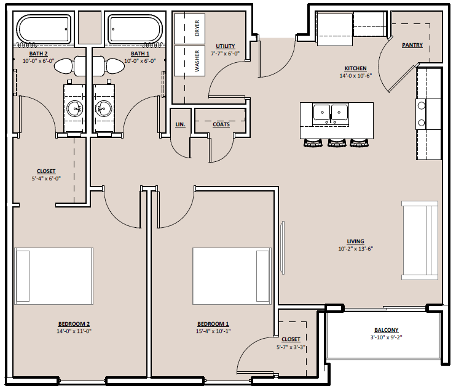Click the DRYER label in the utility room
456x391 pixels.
(197, 28)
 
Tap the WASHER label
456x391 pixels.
(197, 61)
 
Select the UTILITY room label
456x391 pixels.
(226, 46)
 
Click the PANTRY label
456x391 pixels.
(412, 45)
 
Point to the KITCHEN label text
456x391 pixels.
(355, 68)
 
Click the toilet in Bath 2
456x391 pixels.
(70, 65)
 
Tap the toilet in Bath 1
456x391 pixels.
(109, 65)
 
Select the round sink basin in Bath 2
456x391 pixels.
(76, 108)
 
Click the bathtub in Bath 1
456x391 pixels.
(135, 29)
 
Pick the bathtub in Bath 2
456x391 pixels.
(44, 29)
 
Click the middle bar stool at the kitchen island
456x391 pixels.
(337, 142)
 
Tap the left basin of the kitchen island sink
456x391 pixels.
(321, 113)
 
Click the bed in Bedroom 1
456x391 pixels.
(232, 276)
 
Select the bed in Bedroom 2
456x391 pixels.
(54, 276)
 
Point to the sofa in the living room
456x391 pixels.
(420, 240)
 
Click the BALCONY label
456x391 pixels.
(386, 330)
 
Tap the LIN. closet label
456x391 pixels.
(180, 124)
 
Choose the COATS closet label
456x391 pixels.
(221, 124)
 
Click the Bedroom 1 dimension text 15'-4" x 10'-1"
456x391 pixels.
(213, 331)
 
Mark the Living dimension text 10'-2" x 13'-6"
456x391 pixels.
(355, 249)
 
